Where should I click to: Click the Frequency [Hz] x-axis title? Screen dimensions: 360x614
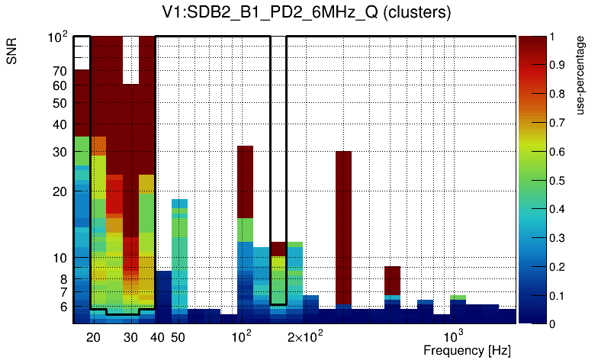tap(467, 350)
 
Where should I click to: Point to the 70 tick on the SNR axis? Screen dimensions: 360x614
tap(59, 71)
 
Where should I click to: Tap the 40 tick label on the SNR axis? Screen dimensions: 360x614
tap(59, 124)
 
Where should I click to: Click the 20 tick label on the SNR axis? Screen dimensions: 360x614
tap(59, 191)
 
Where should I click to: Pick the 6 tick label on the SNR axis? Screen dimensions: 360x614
tap(63, 307)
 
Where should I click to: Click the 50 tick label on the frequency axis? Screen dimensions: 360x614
tap(178, 337)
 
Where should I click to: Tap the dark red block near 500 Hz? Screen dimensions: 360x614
tap(392, 280)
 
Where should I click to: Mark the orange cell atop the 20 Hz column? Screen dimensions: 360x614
tap(98, 145)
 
